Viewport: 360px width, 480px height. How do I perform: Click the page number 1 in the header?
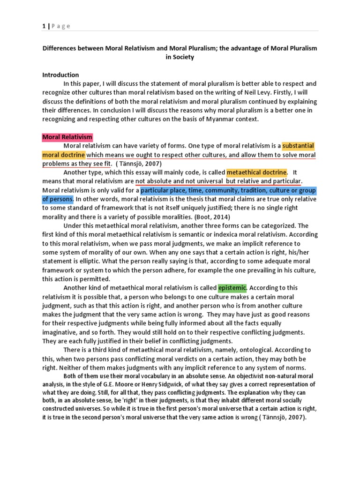44,26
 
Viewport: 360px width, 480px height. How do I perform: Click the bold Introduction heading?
60,75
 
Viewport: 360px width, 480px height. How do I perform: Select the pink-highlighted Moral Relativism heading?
67,137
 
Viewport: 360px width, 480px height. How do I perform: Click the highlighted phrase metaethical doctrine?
256,172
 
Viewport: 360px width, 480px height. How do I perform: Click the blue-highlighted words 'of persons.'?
58,199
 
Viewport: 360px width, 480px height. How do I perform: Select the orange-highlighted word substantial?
298,146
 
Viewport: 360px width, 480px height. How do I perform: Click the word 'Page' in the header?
60,26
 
